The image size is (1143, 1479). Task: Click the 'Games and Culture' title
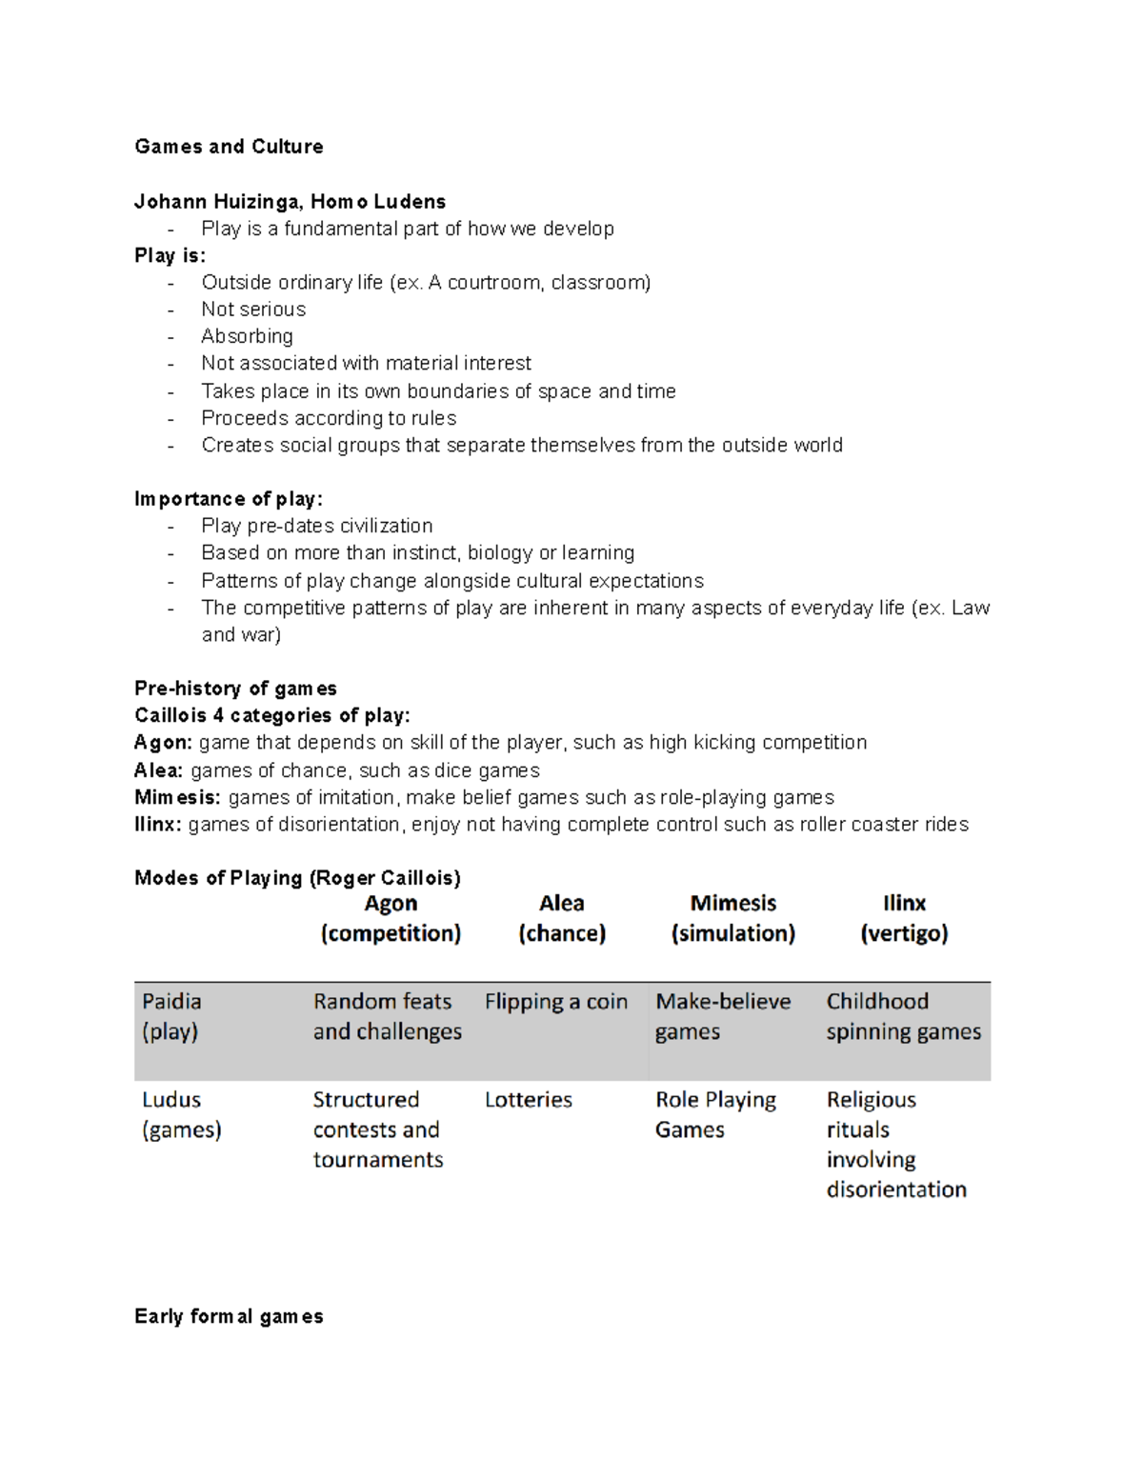tap(229, 147)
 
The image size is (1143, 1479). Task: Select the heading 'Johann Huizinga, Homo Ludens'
tap(290, 202)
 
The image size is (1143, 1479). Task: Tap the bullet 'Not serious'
tap(253, 310)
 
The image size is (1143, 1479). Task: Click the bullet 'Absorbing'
tap(247, 336)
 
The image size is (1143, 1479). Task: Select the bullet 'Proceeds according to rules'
tap(329, 418)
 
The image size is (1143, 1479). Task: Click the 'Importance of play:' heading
tap(229, 499)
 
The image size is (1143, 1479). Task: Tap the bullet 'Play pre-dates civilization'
tap(316, 526)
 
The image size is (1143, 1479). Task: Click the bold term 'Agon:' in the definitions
tap(163, 743)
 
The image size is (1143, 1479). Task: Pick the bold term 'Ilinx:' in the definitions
tap(157, 825)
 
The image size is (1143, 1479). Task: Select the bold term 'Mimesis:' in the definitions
tap(177, 797)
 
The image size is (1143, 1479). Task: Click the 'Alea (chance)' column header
tap(562, 918)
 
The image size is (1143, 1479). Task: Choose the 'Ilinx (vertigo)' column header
tap(904, 918)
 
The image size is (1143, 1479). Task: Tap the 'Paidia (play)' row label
tap(171, 1016)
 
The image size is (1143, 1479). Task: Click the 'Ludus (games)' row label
tap(181, 1114)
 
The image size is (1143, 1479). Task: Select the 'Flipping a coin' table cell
tap(555, 1002)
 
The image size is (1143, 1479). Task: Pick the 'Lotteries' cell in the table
tap(528, 1100)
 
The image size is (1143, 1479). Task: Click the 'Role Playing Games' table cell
tap(715, 1114)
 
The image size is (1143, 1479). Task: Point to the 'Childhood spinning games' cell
tap(903, 1016)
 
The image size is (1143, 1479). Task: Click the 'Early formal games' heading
tap(229, 1316)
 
